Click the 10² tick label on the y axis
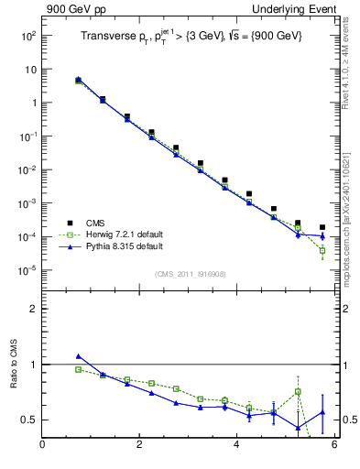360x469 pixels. pos(27,36)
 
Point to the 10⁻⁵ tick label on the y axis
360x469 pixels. pos(27,270)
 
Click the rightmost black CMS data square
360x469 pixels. pos(322,227)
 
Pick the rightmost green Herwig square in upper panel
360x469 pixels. pos(322,250)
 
